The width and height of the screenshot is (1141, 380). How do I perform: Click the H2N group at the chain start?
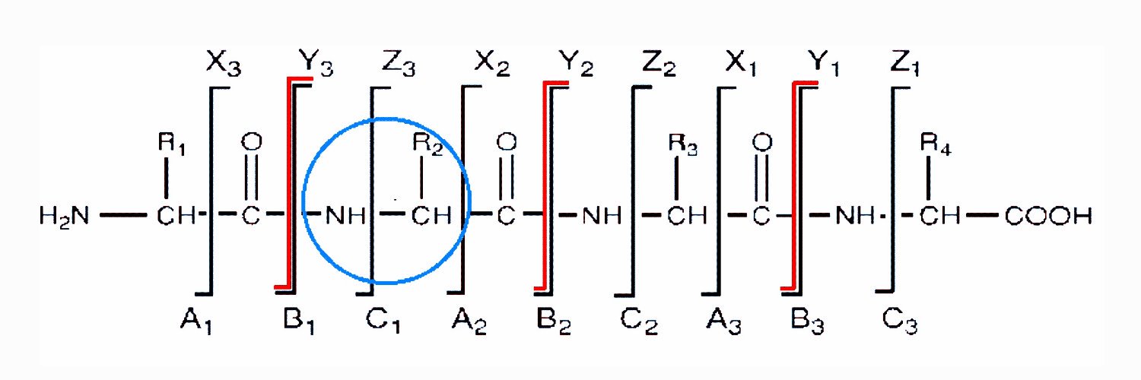pyautogui.click(x=64, y=216)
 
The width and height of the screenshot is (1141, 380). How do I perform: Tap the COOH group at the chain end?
pyautogui.click(x=1048, y=216)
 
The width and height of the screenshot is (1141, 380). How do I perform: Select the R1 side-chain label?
pyautogui.click(x=172, y=143)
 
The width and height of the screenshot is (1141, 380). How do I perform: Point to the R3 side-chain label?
pyautogui.click(x=682, y=144)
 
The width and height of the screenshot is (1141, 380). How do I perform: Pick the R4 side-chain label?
pyautogui.click(x=936, y=144)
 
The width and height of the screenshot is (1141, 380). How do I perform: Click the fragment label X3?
pyautogui.click(x=224, y=63)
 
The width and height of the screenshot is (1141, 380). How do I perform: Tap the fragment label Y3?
pyautogui.click(x=316, y=63)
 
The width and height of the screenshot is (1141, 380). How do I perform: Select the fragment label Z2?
pyautogui.click(x=659, y=64)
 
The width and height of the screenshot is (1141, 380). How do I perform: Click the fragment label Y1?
pyautogui.click(x=824, y=64)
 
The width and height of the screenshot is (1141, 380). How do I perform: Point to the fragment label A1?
pyautogui.click(x=196, y=321)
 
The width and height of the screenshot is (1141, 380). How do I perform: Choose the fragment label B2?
pyautogui.click(x=554, y=321)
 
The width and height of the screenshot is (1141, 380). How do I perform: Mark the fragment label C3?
pyautogui.click(x=900, y=321)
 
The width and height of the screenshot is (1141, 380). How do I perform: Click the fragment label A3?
pyautogui.click(x=724, y=321)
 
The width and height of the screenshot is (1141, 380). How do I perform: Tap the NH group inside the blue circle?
pyautogui.click(x=345, y=216)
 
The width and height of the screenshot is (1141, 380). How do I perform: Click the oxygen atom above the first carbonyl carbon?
pyautogui.click(x=251, y=142)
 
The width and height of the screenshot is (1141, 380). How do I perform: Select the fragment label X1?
pyautogui.click(x=741, y=64)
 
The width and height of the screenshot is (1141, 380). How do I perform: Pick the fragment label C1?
pyautogui.click(x=383, y=321)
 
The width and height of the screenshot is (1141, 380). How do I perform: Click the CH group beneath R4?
pyautogui.click(x=939, y=216)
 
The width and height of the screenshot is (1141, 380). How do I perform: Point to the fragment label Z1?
pyautogui.click(x=905, y=64)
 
